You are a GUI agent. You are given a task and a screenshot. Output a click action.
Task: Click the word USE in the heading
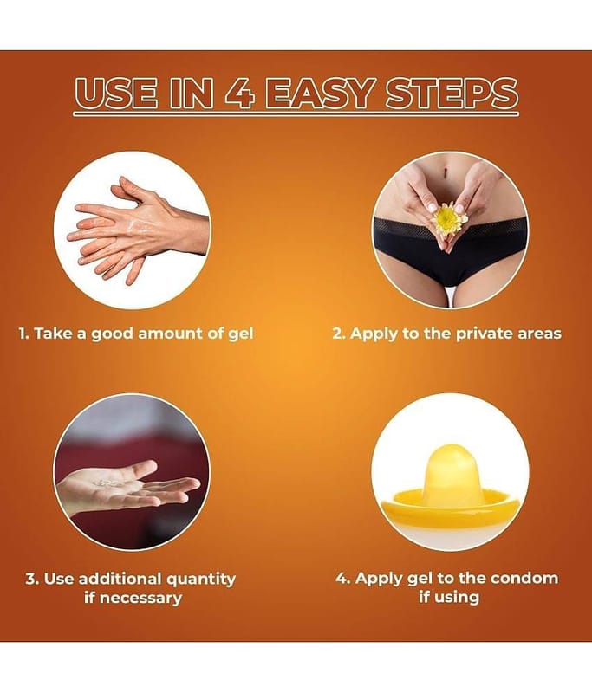pyautogui.click(x=116, y=94)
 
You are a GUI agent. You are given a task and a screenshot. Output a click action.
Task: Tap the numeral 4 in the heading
pyautogui.click(x=239, y=94)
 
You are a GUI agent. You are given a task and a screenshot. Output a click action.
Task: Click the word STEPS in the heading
pyautogui.click(x=452, y=94)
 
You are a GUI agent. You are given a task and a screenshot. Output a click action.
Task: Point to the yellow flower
pyautogui.click(x=448, y=219)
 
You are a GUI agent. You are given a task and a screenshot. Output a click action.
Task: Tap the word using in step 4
pyautogui.click(x=457, y=598)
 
